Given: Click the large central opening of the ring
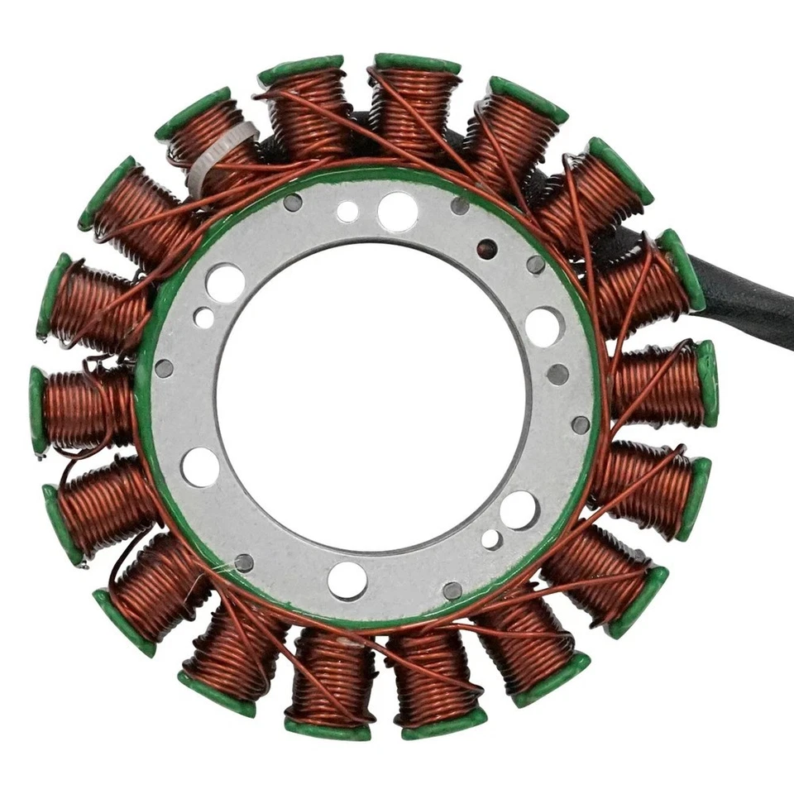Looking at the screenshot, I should pyautogui.click(x=372, y=397).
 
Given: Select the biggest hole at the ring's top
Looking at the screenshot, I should pyautogui.click(x=397, y=212).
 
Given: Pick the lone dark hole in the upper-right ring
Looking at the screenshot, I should pyautogui.click(x=487, y=248).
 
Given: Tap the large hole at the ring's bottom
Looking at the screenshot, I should pyautogui.click(x=347, y=580).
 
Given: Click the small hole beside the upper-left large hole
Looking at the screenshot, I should pyautogui.click(x=203, y=317).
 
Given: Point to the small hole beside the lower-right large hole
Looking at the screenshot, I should pyautogui.click(x=491, y=539).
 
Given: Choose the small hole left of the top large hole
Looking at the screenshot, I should pyautogui.click(x=348, y=212).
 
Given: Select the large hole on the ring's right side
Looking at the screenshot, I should pyautogui.click(x=544, y=326).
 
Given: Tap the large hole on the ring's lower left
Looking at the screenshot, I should pyautogui.click(x=201, y=467).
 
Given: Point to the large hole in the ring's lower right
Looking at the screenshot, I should pyautogui.click(x=519, y=509).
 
